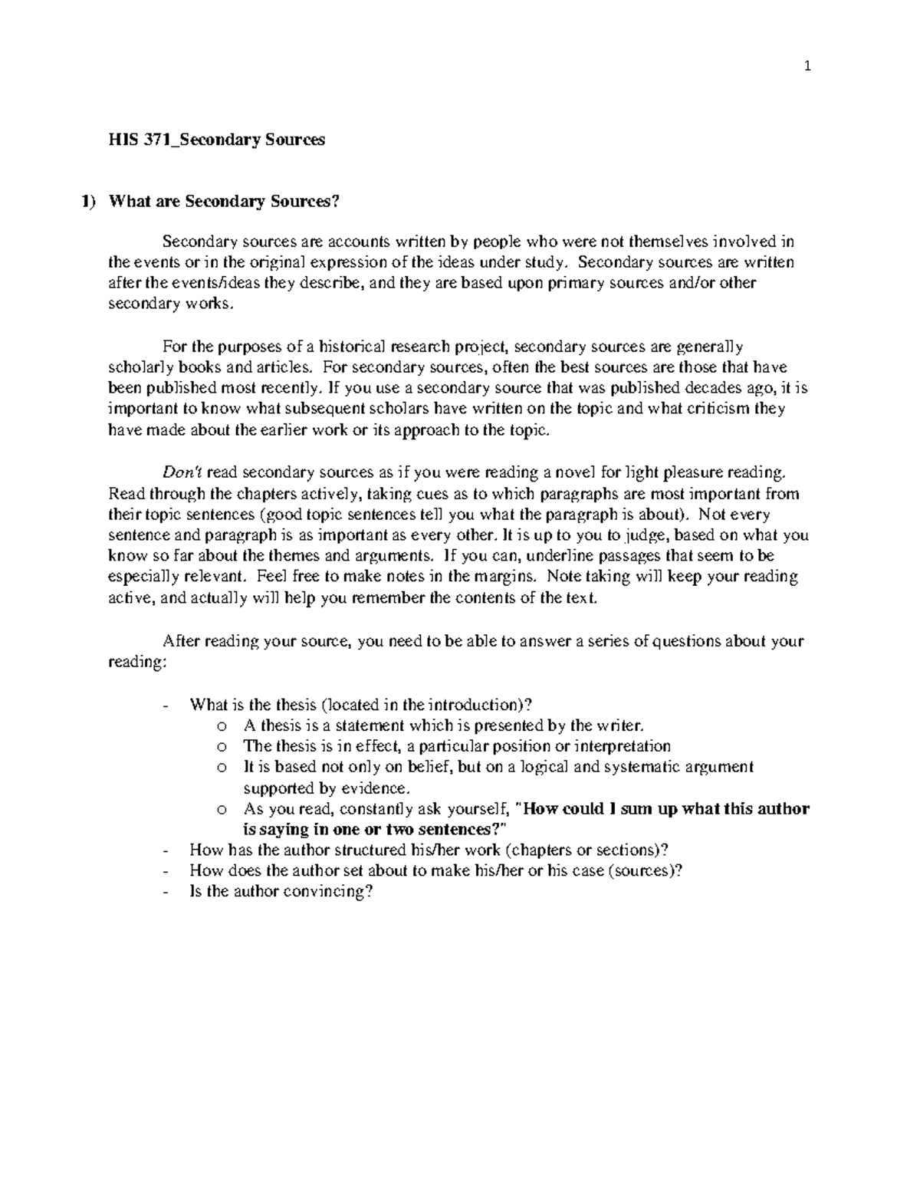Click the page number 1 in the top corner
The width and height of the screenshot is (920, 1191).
pos(807,67)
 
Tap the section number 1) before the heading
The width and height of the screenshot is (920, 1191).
pos(90,202)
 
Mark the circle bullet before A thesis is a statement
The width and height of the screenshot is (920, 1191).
pos(222,726)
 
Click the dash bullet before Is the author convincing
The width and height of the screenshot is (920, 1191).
pos(167,892)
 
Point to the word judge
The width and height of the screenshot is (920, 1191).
pos(643,535)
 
